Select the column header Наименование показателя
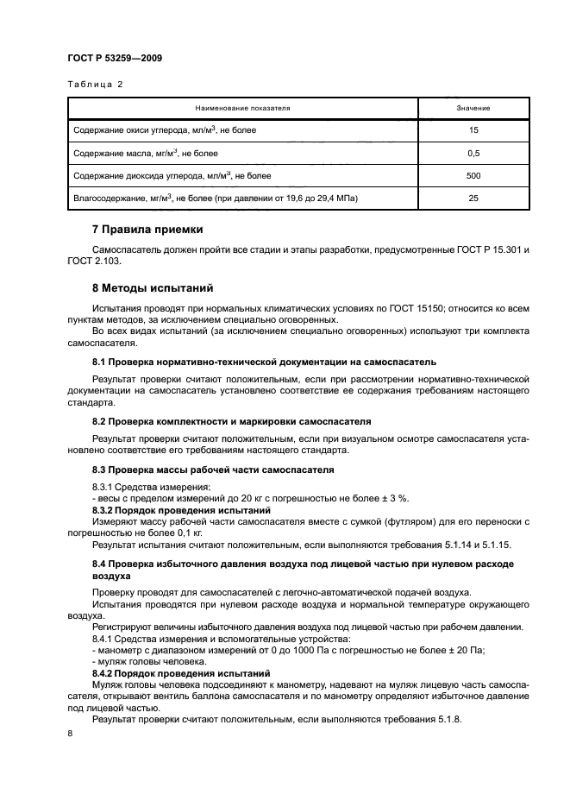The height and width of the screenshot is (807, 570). coord(242,108)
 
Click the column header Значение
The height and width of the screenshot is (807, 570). coord(473,108)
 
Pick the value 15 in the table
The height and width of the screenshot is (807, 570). coord(473,129)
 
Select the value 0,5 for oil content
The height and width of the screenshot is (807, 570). coord(473,153)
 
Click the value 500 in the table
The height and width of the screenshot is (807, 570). coord(473,175)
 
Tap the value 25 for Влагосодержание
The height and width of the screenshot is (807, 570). coord(473,199)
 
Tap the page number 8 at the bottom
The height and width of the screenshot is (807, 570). coord(70,733)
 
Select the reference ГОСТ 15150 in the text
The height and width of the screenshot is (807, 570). coord(395,308)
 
